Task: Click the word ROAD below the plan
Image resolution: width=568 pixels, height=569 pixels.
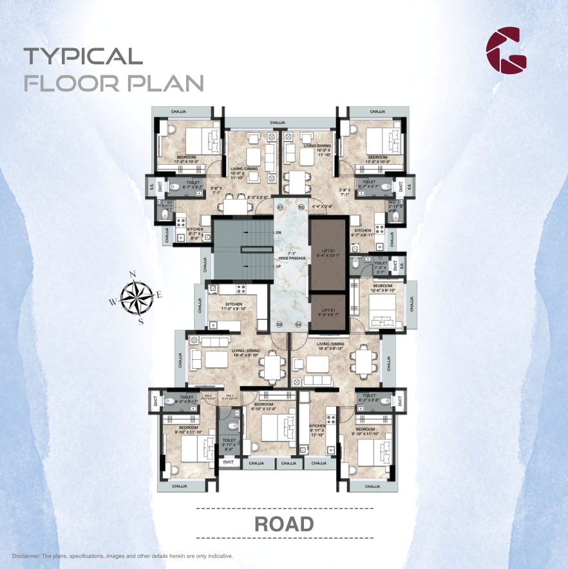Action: [284, 523]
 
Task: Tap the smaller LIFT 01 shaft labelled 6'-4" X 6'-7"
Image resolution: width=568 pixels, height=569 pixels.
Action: [327, 312]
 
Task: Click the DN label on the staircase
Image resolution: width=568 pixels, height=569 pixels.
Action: [278, 232]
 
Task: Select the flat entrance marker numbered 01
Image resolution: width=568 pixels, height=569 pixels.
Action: [280, 207]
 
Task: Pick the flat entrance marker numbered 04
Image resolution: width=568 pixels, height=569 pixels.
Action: [298, 324]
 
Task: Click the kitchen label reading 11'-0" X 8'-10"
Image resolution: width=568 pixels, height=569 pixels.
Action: [232, 306]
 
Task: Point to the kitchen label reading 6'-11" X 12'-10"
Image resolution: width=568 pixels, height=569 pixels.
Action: [317, 429]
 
